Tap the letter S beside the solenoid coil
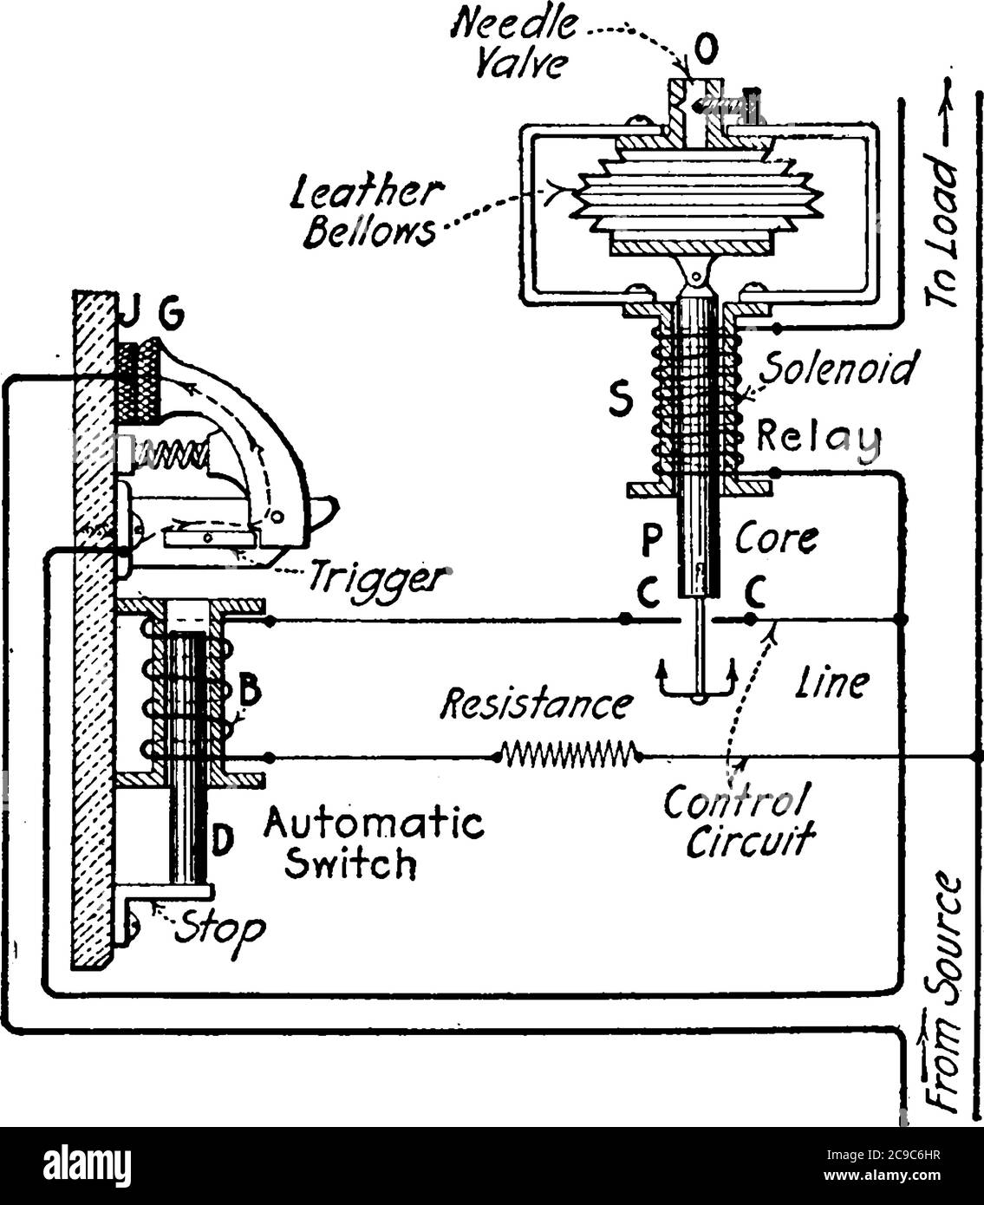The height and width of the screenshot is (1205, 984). pyautogui.click(x=619, y=400)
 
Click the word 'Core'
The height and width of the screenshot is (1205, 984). pyautogui.click(x=776, y=538)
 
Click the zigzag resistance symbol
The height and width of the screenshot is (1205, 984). pyautogui.click(x=569, y=755)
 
